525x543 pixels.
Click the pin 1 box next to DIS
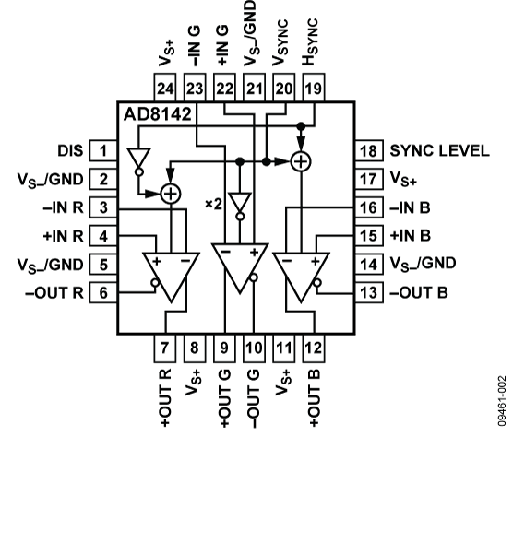[103, 150]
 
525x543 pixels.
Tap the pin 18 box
[369, 150]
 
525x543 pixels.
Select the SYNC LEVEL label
[439, 150]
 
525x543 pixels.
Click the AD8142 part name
[158, 114]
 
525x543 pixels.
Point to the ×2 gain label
[213, 204]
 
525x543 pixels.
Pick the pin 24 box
[165, 88]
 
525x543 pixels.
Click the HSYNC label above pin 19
[310, 41]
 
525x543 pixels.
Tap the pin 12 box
[314, 348]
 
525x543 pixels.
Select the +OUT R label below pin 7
[165, 397]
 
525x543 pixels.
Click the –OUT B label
[419, 293]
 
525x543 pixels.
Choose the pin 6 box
[103, 292]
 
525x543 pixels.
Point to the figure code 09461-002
[502, 401]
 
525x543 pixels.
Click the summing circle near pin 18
[301, 161]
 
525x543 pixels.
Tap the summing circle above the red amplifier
[171, 194]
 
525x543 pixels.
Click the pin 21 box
[254, 88]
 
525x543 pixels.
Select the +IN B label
[411, 236]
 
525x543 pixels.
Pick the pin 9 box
[224, 348]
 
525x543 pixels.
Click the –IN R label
[63, 207]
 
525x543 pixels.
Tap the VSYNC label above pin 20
[280, 42]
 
